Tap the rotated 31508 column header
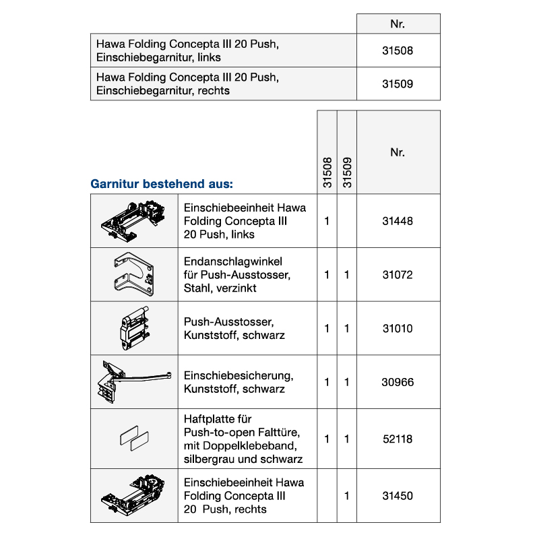tap(327, 172)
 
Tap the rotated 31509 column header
tap(347, 172)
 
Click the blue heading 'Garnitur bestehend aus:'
tap(162, 183)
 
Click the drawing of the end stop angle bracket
tap(134, 275)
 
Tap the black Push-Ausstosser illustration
tap(134, 328)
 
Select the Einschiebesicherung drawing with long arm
tap(134, 381)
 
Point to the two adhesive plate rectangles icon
tap(134, 439)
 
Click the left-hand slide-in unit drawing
tap(134, 220)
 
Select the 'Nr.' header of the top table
tap(398, 24)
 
